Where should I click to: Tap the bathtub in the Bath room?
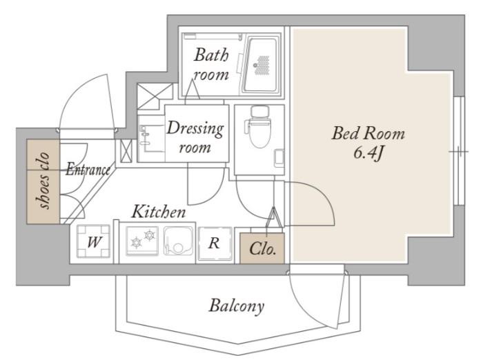[262, 65]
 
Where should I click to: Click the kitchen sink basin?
[179, 241]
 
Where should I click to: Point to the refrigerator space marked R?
[215, 243]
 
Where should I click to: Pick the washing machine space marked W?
[94, 241]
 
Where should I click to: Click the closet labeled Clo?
[262, 248]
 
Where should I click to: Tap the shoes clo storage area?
[43, 181]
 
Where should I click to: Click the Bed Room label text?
[368, 133]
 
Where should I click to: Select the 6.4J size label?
[368, 153]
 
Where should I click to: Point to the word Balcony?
[237, 306]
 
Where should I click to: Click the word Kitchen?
[159, 212]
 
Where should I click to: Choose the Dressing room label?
[195, 137]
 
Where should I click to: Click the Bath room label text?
[211, 64]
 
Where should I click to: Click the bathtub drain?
[255, 66]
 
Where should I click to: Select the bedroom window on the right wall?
[459, 151]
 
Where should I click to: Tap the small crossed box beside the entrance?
[126, 151]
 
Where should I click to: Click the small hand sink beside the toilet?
[279, 158]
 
